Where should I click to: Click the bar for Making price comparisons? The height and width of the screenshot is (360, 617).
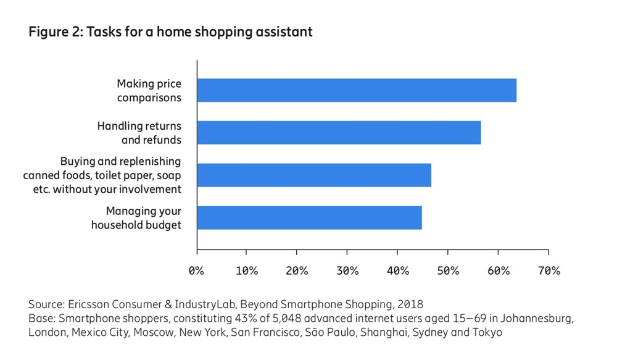(x=357, y=90)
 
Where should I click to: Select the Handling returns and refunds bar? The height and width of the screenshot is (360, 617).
(x=339, y=133)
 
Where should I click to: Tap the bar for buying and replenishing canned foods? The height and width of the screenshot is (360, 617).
(x=315, y=175)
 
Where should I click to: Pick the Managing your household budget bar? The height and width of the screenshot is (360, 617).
(x=310, y=218)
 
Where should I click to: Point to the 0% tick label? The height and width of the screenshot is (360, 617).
(x=196, y=270)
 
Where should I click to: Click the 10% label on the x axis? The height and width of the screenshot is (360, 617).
(x=247, y=270)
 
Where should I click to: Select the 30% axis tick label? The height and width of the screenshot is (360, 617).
(x=347, y=270)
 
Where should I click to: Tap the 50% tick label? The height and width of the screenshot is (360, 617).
(x=448, y=270)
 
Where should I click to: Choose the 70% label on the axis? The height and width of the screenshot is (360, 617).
(x=549, y=270)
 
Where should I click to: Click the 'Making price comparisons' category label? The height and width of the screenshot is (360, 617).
(x=149, y=91)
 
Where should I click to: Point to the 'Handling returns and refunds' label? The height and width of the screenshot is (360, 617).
(x=139, y=133)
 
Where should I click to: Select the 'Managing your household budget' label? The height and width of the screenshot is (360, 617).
(x=136, y=218)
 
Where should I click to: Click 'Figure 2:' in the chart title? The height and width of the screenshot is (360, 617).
(x=56, y=31)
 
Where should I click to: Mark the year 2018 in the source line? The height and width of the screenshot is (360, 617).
(x=410, y=304)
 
